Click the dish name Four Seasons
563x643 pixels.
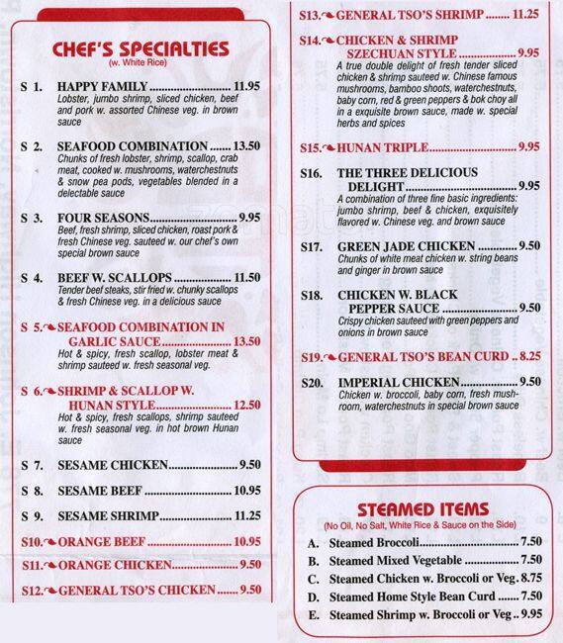click(104, 218)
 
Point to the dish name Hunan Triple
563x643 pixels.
click(391, 147)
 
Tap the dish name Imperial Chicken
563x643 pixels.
click(399, 382)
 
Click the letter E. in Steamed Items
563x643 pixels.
click(313, 615)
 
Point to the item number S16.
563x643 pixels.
click(312, 173)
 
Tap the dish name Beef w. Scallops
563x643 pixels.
click(116, 277)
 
